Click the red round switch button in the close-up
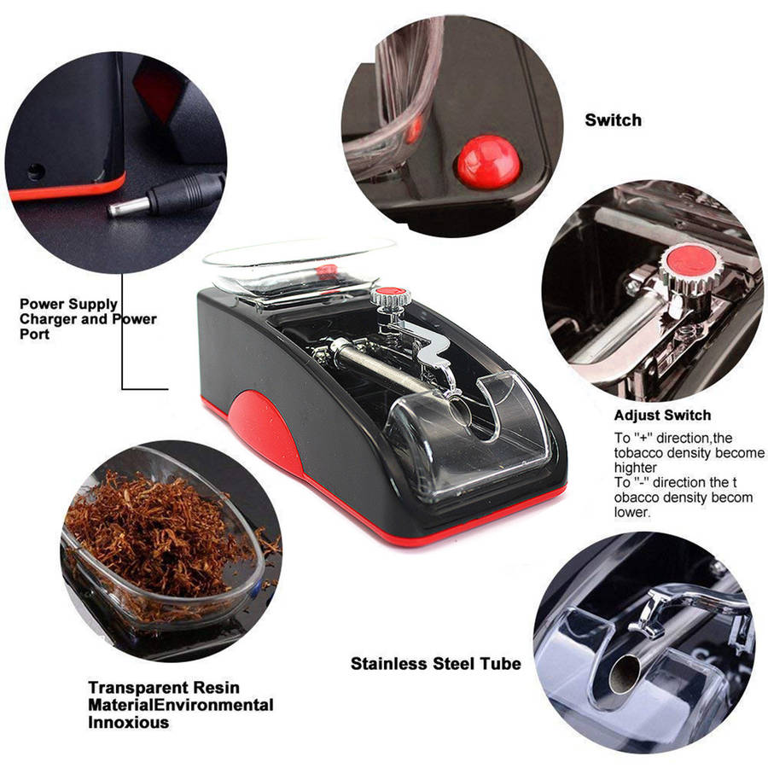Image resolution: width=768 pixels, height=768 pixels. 488,161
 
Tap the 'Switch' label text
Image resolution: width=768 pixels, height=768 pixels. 613,120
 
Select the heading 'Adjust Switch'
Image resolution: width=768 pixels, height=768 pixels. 662,416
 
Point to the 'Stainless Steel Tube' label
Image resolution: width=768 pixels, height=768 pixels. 436,664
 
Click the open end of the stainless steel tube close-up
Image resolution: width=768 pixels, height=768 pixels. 625,674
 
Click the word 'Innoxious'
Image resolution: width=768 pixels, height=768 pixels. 128,722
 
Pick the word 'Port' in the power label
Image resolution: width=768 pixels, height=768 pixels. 35,334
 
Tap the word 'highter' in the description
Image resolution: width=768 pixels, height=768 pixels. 636,468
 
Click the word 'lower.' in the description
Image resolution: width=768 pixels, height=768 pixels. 632,512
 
